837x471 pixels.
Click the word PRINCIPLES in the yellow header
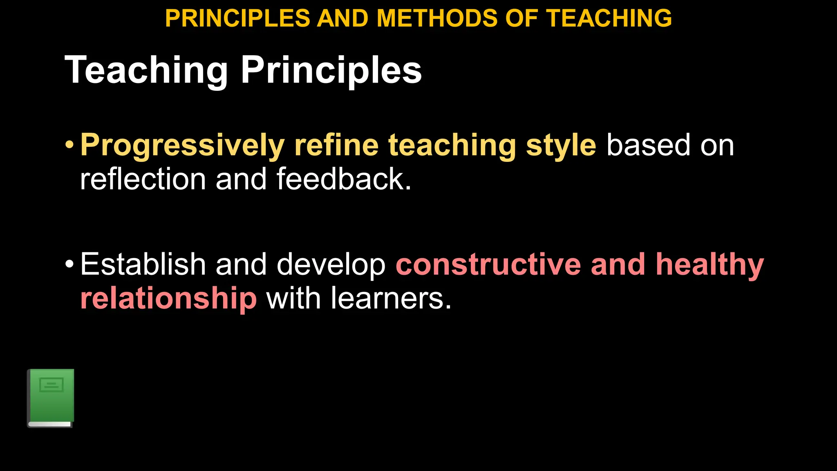pyautogui.click(x=237, y=18)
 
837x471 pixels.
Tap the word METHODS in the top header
pyautogui.click(x=437, y=18)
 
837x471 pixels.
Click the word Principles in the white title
pyautogui.click(x=331, y=70)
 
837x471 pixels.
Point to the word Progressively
pyautogui.click(x=182, y=146)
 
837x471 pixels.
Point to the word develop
pyautogui.click(x=331, y=265)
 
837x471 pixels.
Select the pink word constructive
pyautogui.click(x=488, y=264)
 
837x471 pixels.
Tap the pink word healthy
pyautogui.click(x=710, y=265)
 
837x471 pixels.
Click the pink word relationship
pyautogui.click(x=168, y=298)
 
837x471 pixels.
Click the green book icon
pyautogui.click(x=51, y=398)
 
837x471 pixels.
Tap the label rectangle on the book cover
pyautogui.click(x=51, y=385)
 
